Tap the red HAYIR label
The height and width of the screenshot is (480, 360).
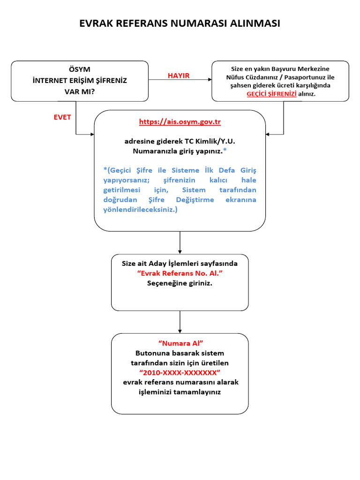pyautogui.click(x=179, y=75)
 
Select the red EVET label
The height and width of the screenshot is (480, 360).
pyautogui.click(x=62, y=117)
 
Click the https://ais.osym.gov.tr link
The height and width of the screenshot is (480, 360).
pyautogui.click(x=180, y=122)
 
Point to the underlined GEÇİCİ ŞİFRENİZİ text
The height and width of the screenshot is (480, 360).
pyautogui.click(x=271, y=94)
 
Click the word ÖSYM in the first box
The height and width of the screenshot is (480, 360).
pyautogui.click(x=80, y=69)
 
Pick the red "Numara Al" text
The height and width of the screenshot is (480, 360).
pyautogui.click(x=180, y=344)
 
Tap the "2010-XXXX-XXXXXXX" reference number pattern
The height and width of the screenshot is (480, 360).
pyautogui.click(x=180, y=372)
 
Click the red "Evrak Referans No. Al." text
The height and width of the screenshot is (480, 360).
pyautogui.click(x=180, y=273)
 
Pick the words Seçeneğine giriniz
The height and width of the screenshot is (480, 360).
pyautogui.click(x=180, y=283)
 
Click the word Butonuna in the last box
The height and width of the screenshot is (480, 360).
pyautogui.click(x=152, y=353)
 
